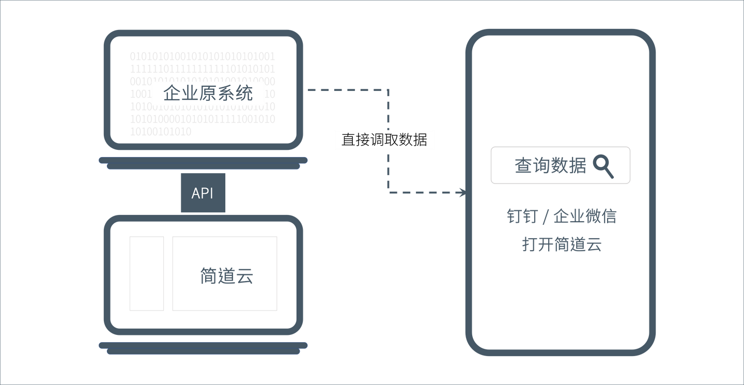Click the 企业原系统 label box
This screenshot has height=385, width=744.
(x=208, y=94)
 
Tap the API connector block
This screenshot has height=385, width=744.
(x=203, y=193)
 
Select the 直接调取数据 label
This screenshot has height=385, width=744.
(x=384, y=140)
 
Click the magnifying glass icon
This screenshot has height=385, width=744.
(x=603, y=166)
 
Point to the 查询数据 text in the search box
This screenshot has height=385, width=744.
(x=550, y=166)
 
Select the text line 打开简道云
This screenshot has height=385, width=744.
(x=562, y=244)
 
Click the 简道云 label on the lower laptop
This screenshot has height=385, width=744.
(x=227, y=276)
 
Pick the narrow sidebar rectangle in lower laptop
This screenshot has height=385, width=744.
(x=147, y=273)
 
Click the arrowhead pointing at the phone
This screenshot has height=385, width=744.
(x=461, y=193)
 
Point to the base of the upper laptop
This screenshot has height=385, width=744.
(x=203, y=161)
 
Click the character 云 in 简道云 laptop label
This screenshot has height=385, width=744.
(x=245, y=276)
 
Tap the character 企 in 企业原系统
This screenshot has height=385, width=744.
(x=172, y=94)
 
